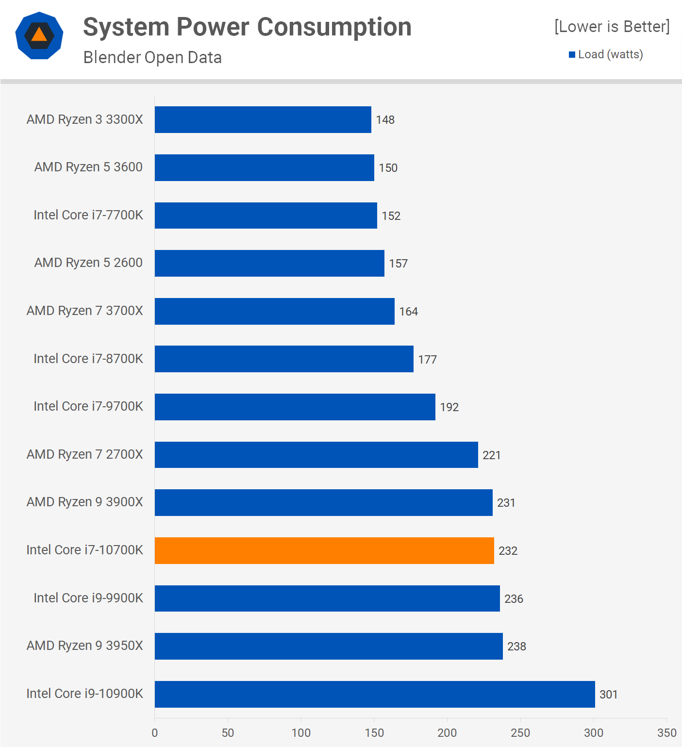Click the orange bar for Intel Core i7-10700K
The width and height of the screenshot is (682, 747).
click(324, 550)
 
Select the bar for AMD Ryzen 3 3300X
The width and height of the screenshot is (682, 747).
click(263, 119)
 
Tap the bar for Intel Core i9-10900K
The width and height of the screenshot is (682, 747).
click(375, 694)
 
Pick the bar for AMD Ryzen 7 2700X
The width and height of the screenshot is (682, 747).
click(316, 455)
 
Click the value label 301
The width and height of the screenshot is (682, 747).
click(608, 695)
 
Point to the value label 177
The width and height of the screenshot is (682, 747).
click(427, 360)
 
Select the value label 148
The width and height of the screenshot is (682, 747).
click(385, 120)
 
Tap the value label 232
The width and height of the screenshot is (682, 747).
click(508, 551)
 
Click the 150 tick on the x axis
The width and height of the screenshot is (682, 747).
click(374, 732)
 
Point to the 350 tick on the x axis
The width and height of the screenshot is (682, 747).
click(666, 732)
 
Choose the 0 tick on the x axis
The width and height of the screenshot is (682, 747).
click(155, 732)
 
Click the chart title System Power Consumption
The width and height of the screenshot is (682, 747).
click(247, 27)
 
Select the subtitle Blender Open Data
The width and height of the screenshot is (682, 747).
click(152, 57)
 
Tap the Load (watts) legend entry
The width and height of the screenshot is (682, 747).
click(606, 54)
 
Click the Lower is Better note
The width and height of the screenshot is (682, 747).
click(612, 26)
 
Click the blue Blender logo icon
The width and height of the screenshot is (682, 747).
click(39, 35)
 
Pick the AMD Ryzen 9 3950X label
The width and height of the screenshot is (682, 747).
click(85, 646)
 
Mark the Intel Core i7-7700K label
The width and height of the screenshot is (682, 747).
click(88, 215)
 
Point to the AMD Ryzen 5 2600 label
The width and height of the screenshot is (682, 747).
click(88, 263)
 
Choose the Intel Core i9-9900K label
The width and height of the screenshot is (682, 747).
click(88, 598)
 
